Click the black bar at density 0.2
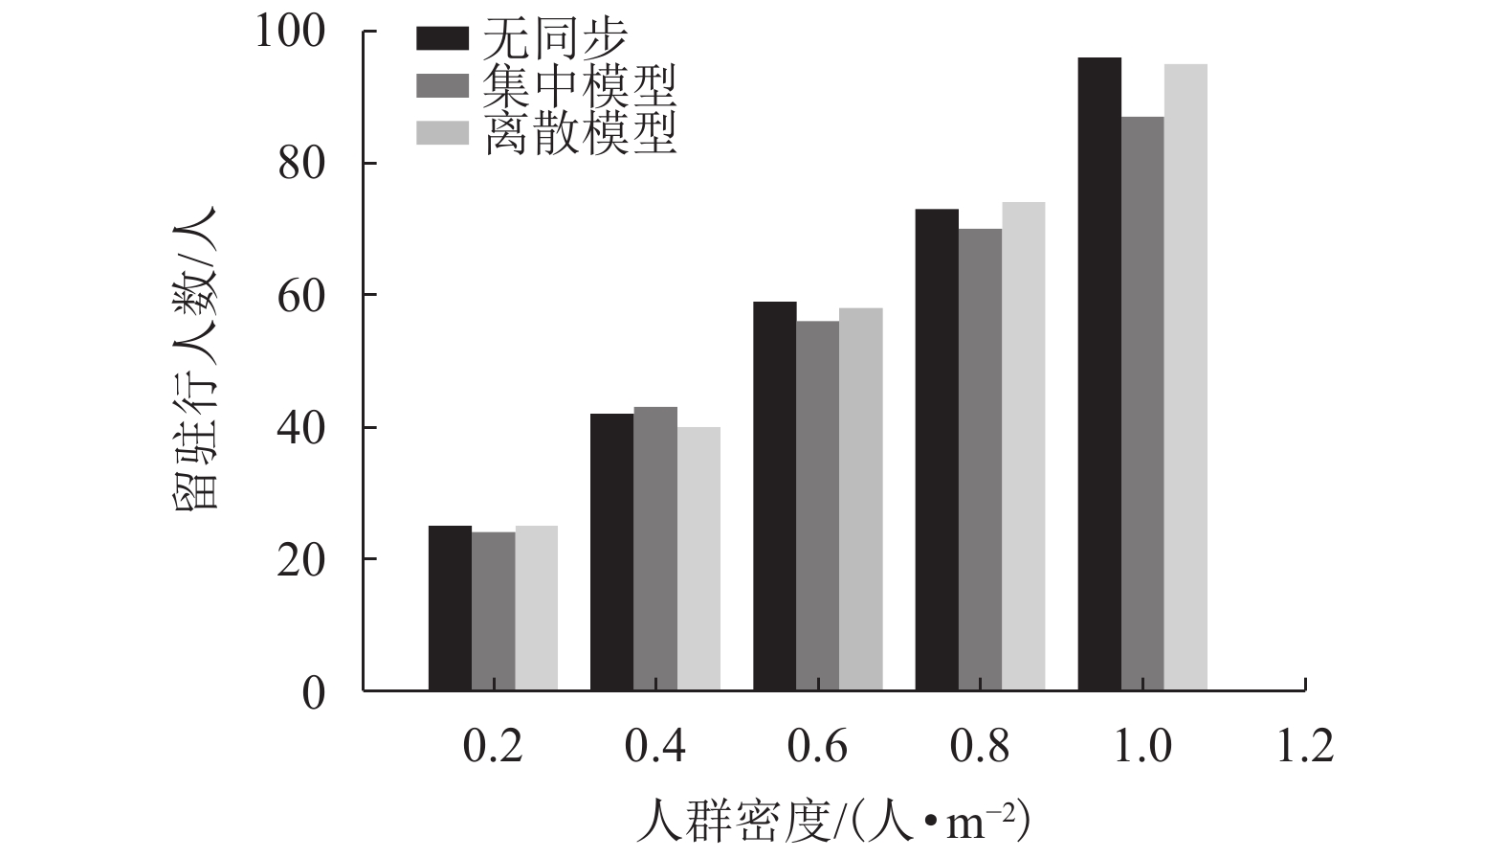tap(450, 608)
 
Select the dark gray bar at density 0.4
tap(655, 549)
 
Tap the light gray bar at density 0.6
tap(861, 499)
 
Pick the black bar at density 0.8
tap(937, 449)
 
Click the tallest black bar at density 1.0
tap(1099, 373)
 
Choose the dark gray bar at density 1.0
tap(1142, 403)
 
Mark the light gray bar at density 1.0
tap(1186, 377)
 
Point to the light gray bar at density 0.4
tap(698, 558)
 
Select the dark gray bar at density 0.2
tap(493, 611)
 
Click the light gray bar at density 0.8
tap(1023, 446)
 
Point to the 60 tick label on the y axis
tap(301, 296)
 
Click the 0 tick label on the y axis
tap(314, 692)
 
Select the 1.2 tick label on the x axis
tap(1305, 746)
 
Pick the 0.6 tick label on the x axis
tap(818, 746)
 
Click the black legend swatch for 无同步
tap(442, 38)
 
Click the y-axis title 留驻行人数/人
tap(199, 359)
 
